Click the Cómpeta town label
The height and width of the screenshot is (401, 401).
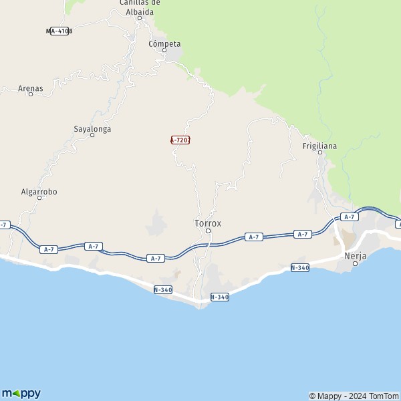pos(164,44)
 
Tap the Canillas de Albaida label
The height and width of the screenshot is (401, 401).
pos(140,7)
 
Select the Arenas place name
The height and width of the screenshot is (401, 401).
pos(31,88)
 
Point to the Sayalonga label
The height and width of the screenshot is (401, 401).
pos(92,128)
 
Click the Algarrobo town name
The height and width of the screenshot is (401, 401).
pos(39,192)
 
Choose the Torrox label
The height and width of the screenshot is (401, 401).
pos(208,223)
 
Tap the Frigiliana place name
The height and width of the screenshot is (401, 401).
pos(320,146)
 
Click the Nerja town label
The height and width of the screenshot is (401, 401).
pos(356,255)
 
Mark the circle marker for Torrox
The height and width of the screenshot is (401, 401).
pos(208,231)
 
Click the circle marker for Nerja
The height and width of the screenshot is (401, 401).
pos(356,263)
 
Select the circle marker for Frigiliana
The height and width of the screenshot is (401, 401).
pos(320,152)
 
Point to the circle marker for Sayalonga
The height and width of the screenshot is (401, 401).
pos(92,135)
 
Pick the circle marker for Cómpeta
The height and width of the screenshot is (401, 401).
pos(164,50)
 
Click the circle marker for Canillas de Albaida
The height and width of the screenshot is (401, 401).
pos(140,18)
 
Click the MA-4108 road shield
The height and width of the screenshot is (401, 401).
pos(59,31)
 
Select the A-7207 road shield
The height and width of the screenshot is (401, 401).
pos(180,140)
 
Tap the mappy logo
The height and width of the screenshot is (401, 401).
pos(21,393)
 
